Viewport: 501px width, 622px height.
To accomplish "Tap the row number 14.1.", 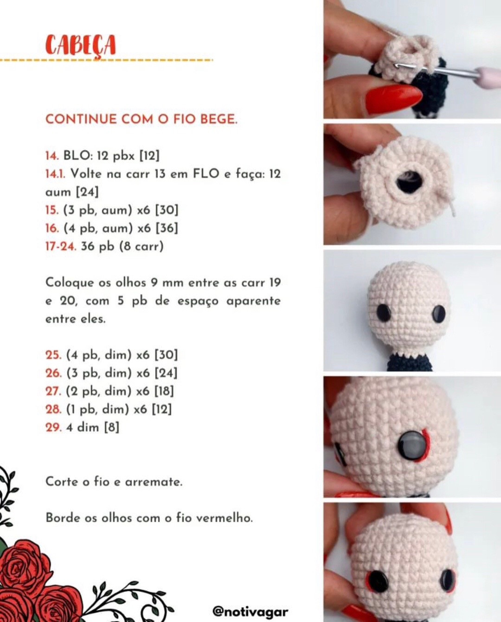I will tap(55, 174).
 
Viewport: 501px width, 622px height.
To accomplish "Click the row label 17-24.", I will tap(60, 246).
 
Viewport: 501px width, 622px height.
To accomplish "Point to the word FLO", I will tap(206, 174).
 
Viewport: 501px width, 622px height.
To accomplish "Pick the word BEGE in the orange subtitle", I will tap(218, 119).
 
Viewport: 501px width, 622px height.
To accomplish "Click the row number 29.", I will tap(53, 427).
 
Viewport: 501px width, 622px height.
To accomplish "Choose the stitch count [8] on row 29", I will tap(111, 427).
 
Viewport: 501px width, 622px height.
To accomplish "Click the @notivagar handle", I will tap(250, 612).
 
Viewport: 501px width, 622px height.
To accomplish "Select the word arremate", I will tap(154, 481).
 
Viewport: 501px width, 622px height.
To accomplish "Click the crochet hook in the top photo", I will tap(445, 72).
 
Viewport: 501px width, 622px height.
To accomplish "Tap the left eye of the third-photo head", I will tap(384, 312).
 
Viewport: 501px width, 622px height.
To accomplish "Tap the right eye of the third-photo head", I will tap(439, 314).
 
